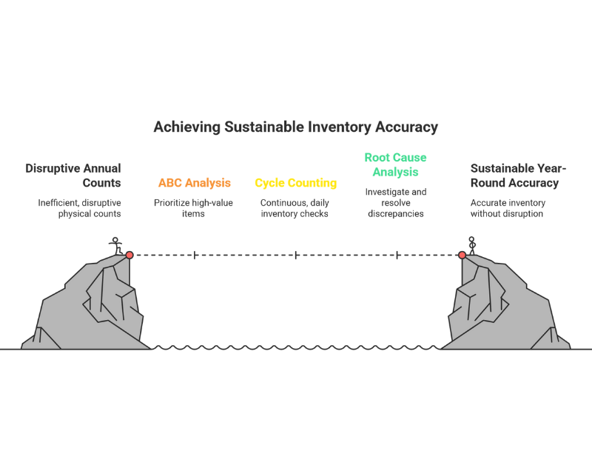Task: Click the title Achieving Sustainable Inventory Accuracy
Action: click(295, 127)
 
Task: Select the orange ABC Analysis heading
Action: click(194, 183)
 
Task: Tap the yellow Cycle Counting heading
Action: click(295, 183)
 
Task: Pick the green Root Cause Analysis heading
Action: click(395, 164)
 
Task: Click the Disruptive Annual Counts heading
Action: click(73, 176)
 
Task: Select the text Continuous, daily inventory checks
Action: click(295, 208)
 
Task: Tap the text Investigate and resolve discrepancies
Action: click(395, 202)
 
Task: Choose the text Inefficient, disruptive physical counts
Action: click(79, 208)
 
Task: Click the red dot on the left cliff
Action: click(129, 255)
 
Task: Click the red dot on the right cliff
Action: click(462, 255)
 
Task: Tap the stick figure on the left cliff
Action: click(115, 244)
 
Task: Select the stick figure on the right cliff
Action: click(472, 244)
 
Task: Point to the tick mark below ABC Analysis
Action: click(195, 255)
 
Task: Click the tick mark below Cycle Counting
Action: click(296, 255)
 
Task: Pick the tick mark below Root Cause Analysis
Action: click(397, 255)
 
